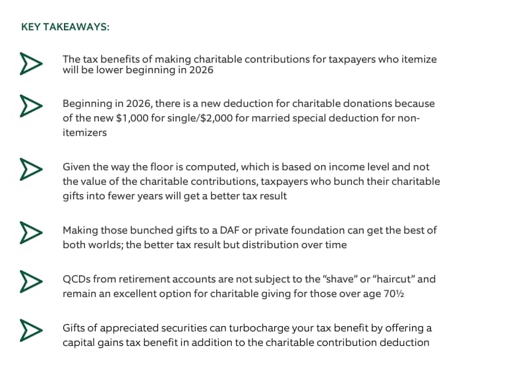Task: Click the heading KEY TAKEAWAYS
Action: pos(65,27)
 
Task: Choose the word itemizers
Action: pos(84,132)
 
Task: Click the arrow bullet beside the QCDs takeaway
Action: pos(26,279)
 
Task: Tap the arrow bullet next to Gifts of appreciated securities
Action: pos(26,329)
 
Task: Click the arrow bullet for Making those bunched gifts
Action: pos(26,231)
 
